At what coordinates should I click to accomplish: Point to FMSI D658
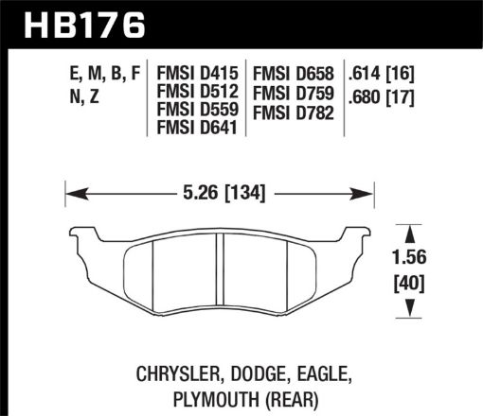pos(295,71)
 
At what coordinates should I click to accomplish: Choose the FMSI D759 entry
pos(295,92)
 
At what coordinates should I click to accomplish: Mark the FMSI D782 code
pos(295,112)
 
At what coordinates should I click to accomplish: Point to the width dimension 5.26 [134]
pos(219,195)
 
